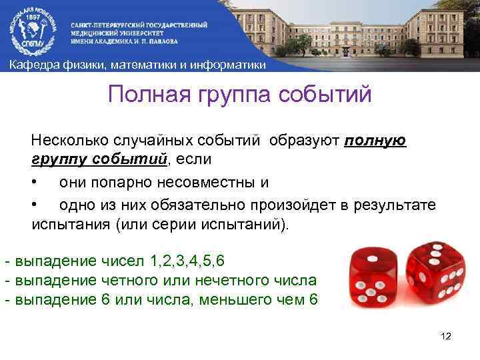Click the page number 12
[x=446, y=335]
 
